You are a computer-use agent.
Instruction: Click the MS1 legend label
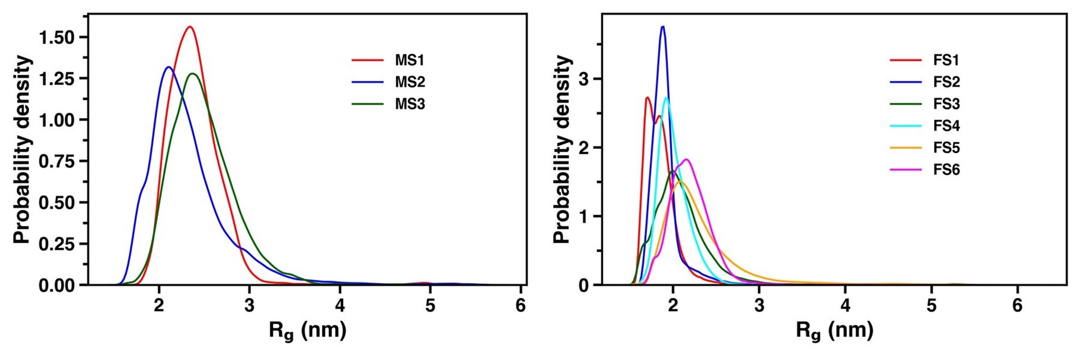[x=409, y=60]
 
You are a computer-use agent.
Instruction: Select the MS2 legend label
[x=409, y=82]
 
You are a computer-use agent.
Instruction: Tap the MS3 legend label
[x=409, y=104]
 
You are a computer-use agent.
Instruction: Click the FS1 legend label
[x=946, y=60]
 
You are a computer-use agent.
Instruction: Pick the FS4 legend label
[x=946, y=126]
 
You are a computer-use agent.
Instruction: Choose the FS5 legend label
[x=946, y=148]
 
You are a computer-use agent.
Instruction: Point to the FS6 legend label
[x=946, y=170]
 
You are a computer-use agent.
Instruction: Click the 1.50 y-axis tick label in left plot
[x=57, y=38]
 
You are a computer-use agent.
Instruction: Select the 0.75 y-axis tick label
[x=57, y=161]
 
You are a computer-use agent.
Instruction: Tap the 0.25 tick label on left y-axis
[x=57, y=244]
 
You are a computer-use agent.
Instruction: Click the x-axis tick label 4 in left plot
[x=340, y=305]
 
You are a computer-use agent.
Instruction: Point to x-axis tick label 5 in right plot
[x=931, y=305]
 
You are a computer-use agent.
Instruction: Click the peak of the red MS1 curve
[x=190, y=27]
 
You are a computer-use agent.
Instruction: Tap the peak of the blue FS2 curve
[x=663, y=26]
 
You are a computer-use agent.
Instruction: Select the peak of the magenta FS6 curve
[x=686, y=159]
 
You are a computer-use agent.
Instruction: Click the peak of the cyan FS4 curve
[x=666, y=98]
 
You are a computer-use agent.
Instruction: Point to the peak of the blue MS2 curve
[x=168, y=67]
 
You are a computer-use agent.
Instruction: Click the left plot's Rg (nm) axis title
[x=307, y=331]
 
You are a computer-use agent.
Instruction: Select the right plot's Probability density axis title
[x=562, y=148]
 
